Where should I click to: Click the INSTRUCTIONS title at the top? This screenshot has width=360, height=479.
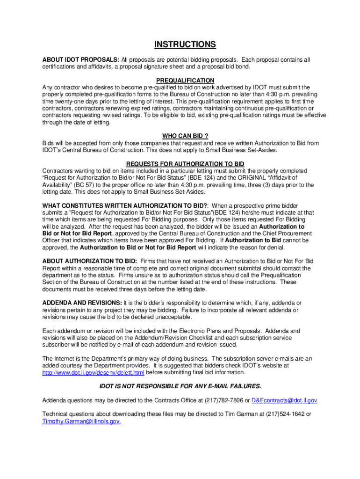(x=185, y=45)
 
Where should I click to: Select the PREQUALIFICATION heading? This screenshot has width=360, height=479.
(x=185, y=80)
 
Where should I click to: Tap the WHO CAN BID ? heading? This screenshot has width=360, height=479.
(x=185, y=136)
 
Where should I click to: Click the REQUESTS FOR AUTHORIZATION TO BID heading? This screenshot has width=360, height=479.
(x=185, y=164)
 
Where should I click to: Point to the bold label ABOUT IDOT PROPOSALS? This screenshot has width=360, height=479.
(x=81, y=60)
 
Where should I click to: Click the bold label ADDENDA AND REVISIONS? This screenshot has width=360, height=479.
(x=82, y=303)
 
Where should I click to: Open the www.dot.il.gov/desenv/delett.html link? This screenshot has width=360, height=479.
(x=94, y=372)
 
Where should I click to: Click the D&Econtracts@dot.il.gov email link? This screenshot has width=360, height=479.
(x=284, y=400)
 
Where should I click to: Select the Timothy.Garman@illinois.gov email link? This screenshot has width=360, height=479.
(x=82, y=421)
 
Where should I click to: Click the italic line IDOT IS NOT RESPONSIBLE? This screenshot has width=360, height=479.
(x=180, y=386)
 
